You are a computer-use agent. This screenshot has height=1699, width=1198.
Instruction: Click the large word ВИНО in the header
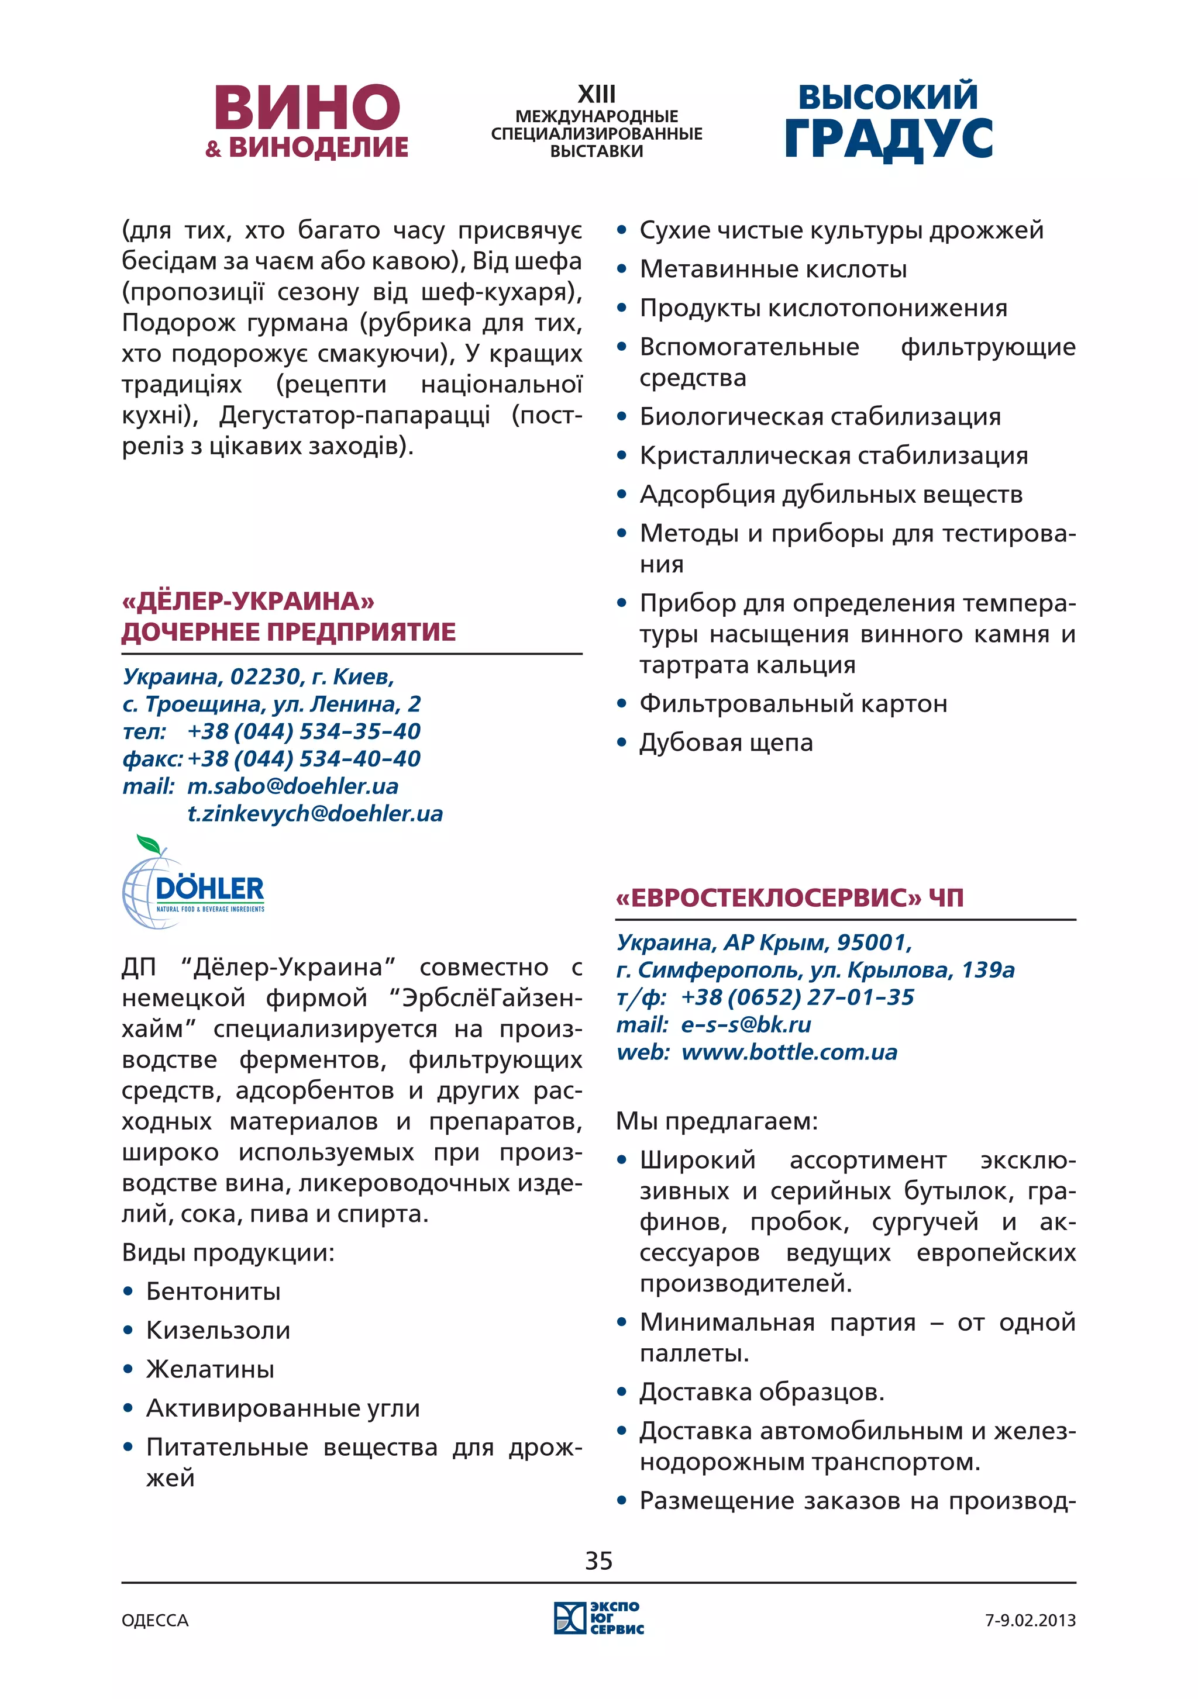coord(307,108)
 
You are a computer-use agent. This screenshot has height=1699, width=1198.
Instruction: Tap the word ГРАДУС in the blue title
coord(888,139)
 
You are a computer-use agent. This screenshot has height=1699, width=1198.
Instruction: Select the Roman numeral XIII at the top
coord(596,95)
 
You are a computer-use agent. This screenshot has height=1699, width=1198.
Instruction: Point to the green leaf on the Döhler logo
coord(149,844)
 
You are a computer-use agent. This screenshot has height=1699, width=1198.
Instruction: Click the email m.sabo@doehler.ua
coord(292,786)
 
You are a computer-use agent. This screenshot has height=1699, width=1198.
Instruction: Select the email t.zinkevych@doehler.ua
coord(315,813)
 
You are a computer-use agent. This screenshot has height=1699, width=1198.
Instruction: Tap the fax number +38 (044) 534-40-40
coord(304,758)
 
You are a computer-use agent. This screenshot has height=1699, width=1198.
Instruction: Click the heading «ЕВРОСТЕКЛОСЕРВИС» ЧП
coord(789,897)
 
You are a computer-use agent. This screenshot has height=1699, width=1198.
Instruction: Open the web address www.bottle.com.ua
coord(789,1052)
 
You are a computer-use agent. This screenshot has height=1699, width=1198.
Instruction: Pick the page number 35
coord(598,1560)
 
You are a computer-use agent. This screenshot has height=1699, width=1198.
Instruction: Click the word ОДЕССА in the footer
coord(155,1621)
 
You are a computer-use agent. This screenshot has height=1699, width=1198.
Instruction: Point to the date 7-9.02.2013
coord(1029,1621)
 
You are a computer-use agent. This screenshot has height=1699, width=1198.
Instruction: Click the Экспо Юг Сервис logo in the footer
coord(598,1618)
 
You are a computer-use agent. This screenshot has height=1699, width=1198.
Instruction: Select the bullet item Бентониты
coord(214,1291)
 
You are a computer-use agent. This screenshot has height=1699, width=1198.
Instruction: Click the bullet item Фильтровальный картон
coord(793,704)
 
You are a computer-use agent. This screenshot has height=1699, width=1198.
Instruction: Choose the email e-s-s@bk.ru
coord(746,1024)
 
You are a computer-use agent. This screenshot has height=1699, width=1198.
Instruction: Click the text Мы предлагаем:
coord(717,1121)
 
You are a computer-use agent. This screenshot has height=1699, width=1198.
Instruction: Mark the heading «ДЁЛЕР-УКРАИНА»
coord(248,601)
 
